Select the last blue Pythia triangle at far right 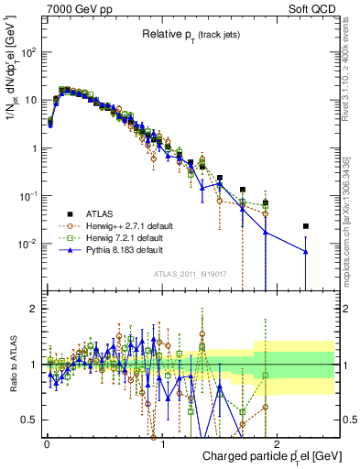[x=306, y=251]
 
